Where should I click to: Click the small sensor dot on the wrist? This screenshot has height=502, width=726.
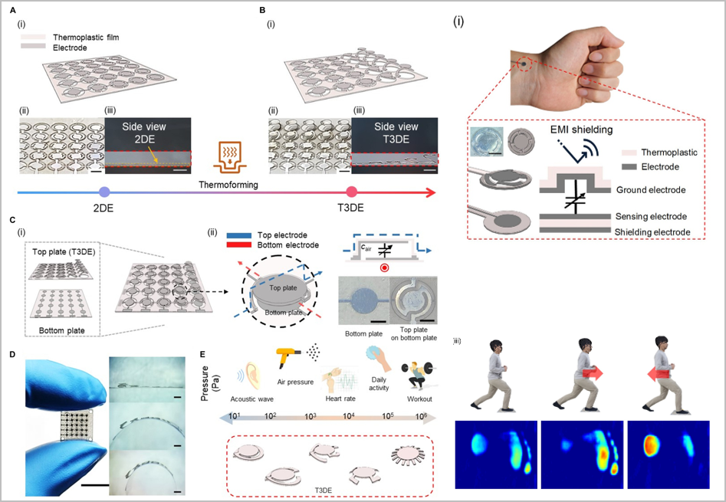click(522, 64)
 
